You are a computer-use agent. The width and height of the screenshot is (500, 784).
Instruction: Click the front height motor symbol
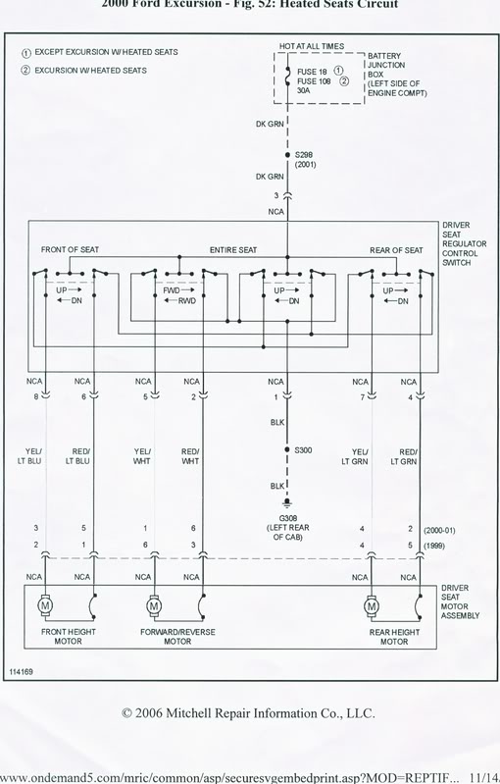click(x=45, y=605)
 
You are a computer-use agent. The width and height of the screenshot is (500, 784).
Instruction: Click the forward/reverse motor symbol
click(x=154, y=605)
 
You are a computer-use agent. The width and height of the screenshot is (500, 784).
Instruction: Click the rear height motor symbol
click(x=372, y=606)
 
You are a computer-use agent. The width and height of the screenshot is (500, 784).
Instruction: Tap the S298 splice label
click(x=304, y=155)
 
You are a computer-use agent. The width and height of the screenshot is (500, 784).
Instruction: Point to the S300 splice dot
click(x=287, y=450)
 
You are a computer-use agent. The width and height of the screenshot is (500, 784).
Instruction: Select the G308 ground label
click(x=288, y=518)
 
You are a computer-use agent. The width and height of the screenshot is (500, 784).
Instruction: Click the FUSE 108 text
click(x=314, y=81)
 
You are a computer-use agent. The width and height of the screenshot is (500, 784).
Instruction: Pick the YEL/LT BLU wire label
click(x=29, y=456)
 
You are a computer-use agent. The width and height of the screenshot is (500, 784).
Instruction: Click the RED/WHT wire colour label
click(x=190, y=456)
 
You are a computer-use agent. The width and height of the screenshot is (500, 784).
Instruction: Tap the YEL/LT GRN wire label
click(x=355, y=456)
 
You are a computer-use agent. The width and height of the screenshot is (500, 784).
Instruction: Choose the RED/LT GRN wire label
click(x=404, y=456)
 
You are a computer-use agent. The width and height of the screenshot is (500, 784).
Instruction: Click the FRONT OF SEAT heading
click(x=70, y=249)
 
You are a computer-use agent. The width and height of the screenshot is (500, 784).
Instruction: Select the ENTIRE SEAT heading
click(x=233, y=249)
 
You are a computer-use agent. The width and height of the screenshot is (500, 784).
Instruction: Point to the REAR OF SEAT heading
click(x=396, y=250)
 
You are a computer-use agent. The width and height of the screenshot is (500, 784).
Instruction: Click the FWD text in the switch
click(x=172, y=290)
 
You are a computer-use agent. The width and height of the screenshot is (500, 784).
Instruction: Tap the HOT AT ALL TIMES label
click(x=312, y=46)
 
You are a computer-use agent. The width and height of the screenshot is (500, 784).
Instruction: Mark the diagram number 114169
click(x=21, y=671)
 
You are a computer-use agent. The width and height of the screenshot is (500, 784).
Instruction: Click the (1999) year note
click(x=434, y=546)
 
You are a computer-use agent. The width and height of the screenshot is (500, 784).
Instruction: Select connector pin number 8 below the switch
click(x=36, y=396)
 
